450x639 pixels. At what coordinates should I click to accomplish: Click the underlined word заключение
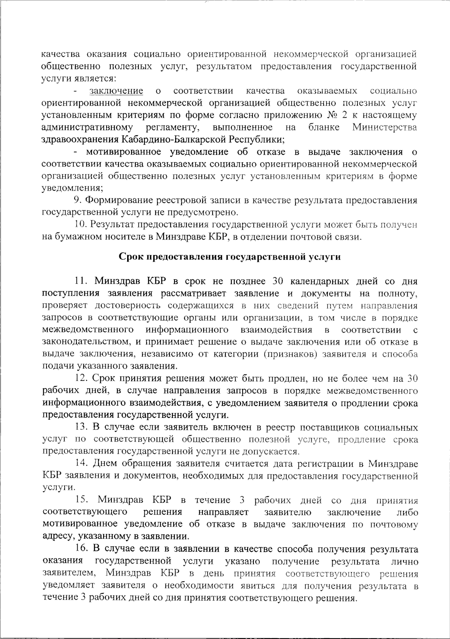point(116,91)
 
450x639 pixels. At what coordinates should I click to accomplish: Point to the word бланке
point(324,127)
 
